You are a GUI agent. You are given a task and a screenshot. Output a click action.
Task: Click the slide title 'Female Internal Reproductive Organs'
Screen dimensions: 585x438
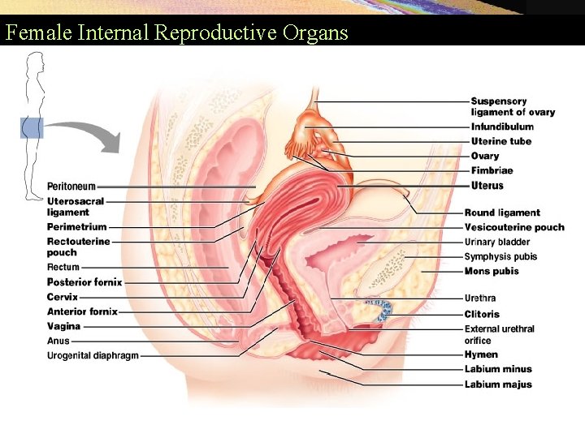pos(176,33)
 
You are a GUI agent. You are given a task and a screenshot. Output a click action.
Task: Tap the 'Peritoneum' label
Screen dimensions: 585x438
pos(71,187)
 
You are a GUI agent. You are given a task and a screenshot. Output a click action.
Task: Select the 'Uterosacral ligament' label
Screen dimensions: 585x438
pos(75,206)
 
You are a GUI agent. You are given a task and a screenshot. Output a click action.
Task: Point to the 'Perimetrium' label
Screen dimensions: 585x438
pos(76,227)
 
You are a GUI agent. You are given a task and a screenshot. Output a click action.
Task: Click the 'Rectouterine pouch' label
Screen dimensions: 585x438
pos(78,247)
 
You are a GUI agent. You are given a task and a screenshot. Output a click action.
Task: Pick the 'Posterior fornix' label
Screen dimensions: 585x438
pos(84,282)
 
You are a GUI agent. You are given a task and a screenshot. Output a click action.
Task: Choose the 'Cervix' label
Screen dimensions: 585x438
pos(63,297)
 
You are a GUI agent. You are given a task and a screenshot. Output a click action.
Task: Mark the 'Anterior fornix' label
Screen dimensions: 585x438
pos(82,311)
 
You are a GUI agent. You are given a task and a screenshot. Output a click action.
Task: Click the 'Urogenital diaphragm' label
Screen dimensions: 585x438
pos(93,355)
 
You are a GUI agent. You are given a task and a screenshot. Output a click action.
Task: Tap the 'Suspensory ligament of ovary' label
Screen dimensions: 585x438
pos(513,106)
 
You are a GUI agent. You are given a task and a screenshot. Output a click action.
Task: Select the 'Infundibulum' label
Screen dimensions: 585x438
pos(502,127)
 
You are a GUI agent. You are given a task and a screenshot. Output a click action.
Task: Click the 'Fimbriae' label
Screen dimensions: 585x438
pos(492,170)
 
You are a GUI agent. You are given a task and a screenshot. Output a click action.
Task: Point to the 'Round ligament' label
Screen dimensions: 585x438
pos(502,213)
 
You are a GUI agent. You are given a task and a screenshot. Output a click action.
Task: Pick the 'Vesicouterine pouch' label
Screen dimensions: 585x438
pos(514,227)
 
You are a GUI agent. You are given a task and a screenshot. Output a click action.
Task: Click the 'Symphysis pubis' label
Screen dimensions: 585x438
pos(500,256)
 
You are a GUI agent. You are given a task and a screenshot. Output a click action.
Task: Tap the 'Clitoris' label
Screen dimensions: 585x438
pos(482,314)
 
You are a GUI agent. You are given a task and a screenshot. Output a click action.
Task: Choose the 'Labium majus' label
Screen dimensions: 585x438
pos(498,384)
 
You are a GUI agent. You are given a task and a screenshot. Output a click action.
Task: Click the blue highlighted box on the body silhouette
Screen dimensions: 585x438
pos(32,127)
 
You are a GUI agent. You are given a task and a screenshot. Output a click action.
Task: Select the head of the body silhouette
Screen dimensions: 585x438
pos(34,63)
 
